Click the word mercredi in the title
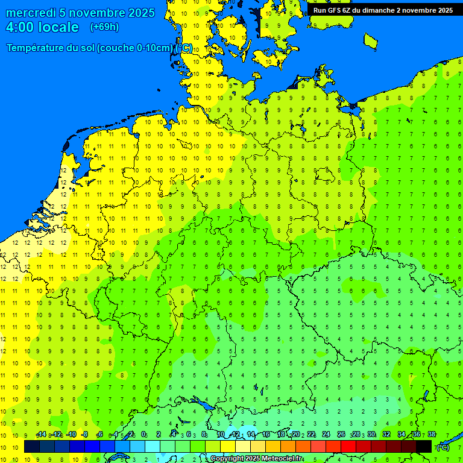[31, 13]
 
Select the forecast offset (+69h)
[104, 27]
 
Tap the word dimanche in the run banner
[379, 10]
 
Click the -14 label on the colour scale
[41, 435]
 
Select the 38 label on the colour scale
[431, 435]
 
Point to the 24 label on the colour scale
[326, 435]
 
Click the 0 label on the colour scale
[143, 435]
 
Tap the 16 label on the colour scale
[266, 435]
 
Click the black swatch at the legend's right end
[424, 447]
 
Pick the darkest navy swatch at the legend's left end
[32, 447]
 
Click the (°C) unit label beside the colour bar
[443, 447]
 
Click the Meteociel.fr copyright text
[256, 459]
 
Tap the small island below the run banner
[370, 40]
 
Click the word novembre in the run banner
[420, 10]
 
